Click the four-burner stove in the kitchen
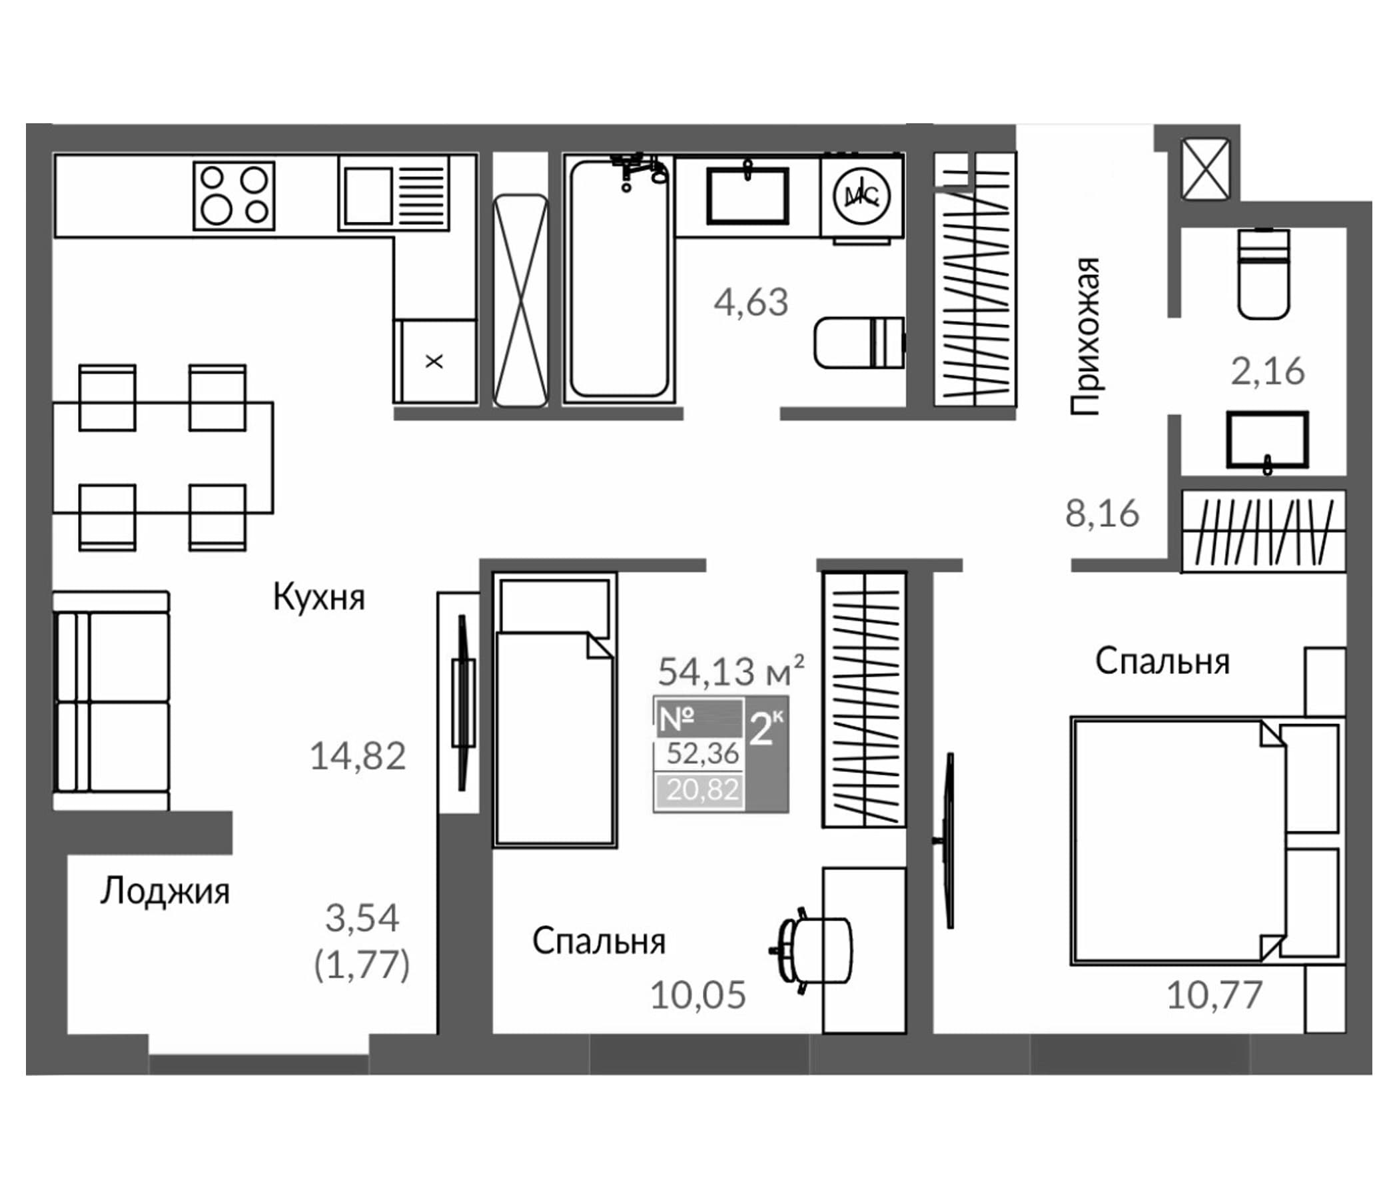[x=234, y=196]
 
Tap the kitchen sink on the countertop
[x=368, y=196]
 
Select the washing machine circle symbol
[x=862, y=196]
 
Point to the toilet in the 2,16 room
[x=1263, y=273]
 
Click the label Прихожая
[x=1085, y=336]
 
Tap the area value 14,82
[x=357, y=756]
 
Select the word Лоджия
[x=165, y=892]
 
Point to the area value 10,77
[x=1214, y=995]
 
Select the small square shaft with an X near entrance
[x=1205, y=169]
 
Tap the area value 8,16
[x=1102, y=513]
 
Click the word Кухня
[x=318, y=598]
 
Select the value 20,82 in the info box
[x=702, y=789]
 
